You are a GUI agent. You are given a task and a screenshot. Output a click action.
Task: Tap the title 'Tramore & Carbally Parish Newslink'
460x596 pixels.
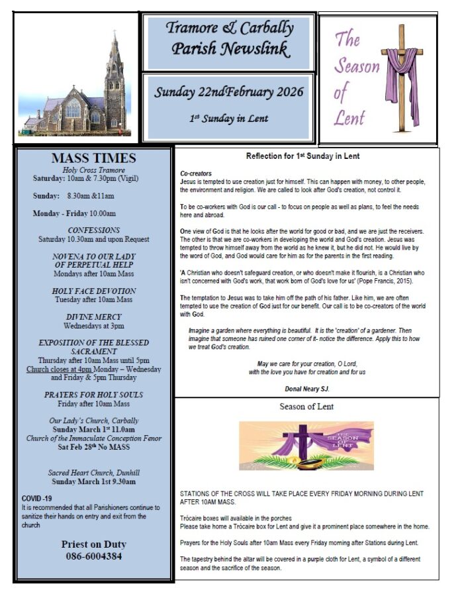coord(229,38)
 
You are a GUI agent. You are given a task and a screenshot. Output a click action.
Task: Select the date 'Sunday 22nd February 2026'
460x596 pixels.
coord(229,92)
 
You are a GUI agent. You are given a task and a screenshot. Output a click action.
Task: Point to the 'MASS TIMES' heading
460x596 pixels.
coord(93,158)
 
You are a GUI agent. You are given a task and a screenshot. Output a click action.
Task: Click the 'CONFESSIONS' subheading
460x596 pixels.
coord(93,230)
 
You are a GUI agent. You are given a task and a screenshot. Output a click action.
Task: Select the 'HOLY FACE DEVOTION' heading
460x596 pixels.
coord(93,291)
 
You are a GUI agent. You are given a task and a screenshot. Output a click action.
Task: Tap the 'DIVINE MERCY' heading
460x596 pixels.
coord(93,317)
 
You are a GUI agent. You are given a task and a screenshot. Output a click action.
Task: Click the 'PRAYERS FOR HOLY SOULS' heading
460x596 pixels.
coord(93,395)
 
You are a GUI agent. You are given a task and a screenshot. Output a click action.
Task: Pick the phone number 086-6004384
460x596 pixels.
coord(93,556)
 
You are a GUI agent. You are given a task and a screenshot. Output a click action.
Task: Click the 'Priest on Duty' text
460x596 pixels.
coord(93,544)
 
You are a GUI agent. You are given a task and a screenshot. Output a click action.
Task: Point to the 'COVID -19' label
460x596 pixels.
coord(36,498)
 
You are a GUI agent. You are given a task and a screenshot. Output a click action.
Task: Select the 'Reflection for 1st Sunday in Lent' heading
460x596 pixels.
coord(306,157)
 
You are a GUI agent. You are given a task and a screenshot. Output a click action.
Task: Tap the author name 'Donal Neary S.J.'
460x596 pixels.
coord(306,389)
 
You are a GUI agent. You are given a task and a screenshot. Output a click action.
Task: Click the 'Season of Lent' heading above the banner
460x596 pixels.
coord(306,407)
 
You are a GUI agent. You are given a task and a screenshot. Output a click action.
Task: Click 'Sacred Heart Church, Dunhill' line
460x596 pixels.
coord(93,473)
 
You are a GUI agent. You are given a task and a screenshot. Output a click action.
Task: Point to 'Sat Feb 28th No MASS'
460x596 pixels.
coord(93,447)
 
